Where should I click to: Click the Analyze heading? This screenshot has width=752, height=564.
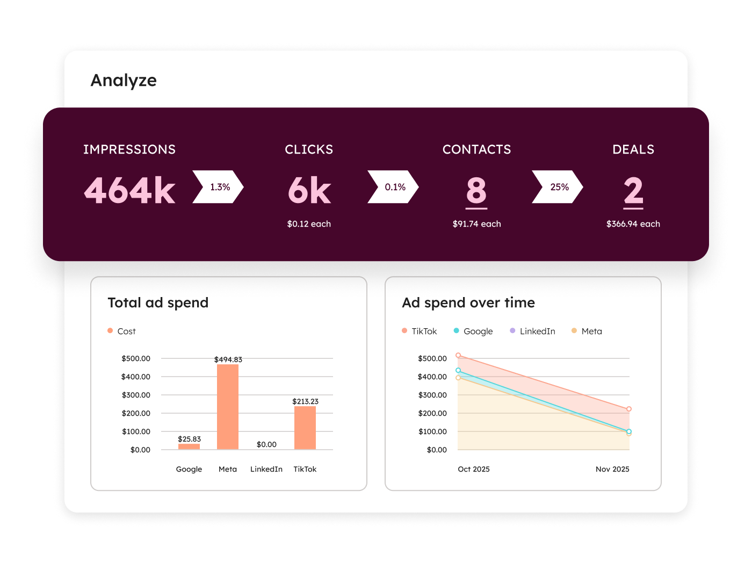click(124, 81)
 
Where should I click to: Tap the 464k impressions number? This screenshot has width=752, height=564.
click(130, 191)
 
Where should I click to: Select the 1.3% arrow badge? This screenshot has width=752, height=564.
click(218, 187)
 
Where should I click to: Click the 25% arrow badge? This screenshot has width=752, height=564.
click(558, 187)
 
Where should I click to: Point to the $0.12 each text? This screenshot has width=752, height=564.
click(309, 224)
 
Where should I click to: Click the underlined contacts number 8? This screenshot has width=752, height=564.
click(476, 191)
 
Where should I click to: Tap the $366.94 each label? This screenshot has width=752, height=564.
click(633, 224)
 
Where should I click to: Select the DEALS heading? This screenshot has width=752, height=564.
click(633, 149)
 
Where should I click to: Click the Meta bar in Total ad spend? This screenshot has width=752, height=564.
click(228, 407)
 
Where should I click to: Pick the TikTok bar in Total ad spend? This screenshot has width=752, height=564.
click(305, 428)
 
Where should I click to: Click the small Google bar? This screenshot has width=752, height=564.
click(189, 446)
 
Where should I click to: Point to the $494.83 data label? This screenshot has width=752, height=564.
click(228, 359)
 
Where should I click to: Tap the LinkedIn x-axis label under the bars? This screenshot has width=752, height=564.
click(266, 469)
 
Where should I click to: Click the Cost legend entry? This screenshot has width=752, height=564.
click(122, 331)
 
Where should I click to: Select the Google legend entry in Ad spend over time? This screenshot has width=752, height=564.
click(473, 331)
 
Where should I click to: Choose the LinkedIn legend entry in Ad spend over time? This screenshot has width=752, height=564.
click(533, 331)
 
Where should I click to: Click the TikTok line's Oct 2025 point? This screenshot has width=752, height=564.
click(458, 356)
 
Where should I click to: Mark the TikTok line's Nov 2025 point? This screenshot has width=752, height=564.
click(629, 409)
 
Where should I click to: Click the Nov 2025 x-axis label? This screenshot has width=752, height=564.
click(612, 469)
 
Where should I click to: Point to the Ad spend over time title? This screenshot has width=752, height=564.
click(468, 303)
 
